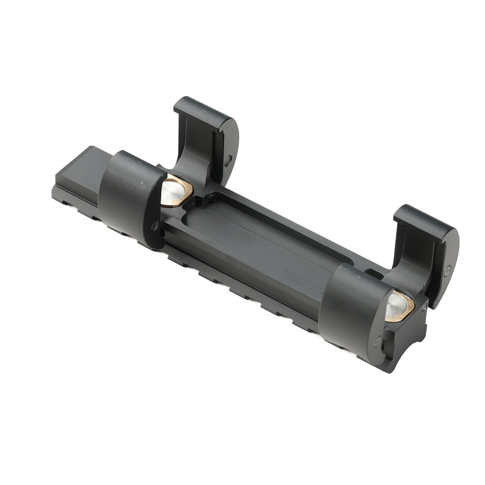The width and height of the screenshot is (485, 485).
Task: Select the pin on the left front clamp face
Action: click(154, 226)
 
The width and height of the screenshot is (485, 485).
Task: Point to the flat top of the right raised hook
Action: click(421, 221)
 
